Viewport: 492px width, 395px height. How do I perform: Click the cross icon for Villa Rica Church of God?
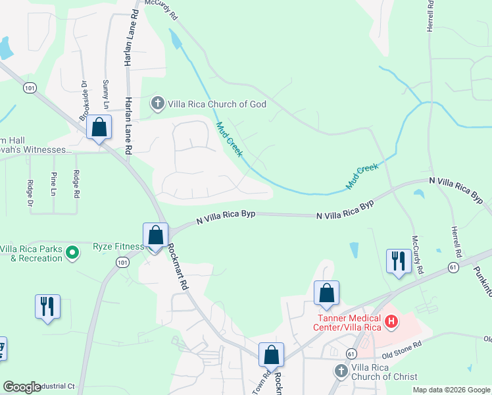tap(157, 103)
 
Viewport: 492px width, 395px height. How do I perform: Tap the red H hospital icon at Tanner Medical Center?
tap(391, 322)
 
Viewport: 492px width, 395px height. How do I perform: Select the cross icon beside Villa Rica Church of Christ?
tap(341, 371)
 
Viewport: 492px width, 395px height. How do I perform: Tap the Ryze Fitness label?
tap(118, 246)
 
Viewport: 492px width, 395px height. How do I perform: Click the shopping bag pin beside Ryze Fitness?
tap(156, 236)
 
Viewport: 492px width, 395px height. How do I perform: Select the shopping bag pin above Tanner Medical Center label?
tap(326, 293)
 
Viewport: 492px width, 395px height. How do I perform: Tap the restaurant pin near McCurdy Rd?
tap(399, 261)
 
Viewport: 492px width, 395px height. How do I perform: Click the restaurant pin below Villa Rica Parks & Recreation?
tap(47, 306)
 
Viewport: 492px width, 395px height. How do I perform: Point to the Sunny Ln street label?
tap(105, 95)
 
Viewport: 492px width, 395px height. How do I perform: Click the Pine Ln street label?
tap(53, 184)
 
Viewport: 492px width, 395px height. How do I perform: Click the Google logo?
tap(21, 387)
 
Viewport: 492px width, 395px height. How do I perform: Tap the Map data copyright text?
tap(451, 390)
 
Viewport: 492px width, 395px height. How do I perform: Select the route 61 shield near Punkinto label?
tap(453, 267)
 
